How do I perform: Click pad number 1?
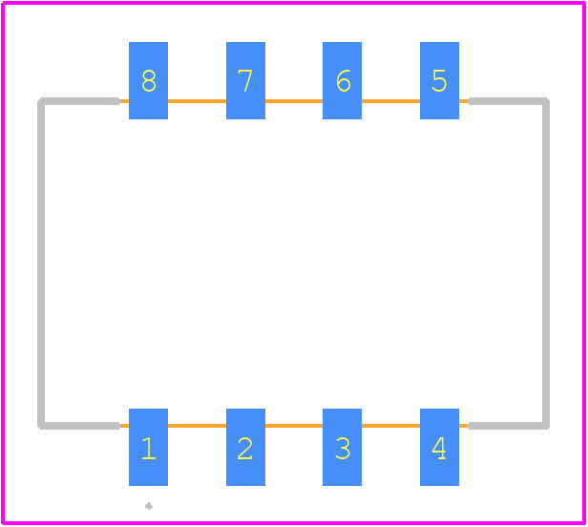(x=149, y=447)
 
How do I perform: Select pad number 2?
(x=245, y=447)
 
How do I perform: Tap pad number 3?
(x=342, y=447)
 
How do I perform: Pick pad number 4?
(x=439, y=447)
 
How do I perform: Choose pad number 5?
(x=439, y=80)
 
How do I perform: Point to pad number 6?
(x=342, y=80)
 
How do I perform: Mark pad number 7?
(x=245, y=80)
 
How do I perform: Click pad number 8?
(x=149, y=80)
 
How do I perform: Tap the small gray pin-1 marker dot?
(x=149, y=506)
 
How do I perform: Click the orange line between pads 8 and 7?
(x=197, y=101)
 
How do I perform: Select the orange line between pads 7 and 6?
(x=294, y=101)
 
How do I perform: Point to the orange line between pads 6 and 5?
(x=390, y=101)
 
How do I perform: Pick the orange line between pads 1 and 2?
(x=197, y=426)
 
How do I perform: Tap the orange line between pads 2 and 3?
(x=294, y=426)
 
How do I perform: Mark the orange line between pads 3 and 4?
(x=390, y=426)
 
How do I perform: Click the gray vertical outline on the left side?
(x=41, y=263)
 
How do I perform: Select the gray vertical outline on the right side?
(x=546, y=263)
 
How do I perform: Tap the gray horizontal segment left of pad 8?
(x=79, y=101)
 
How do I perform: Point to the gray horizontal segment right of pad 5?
(x=509, y=101)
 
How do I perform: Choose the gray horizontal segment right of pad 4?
(x=509, y=426)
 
